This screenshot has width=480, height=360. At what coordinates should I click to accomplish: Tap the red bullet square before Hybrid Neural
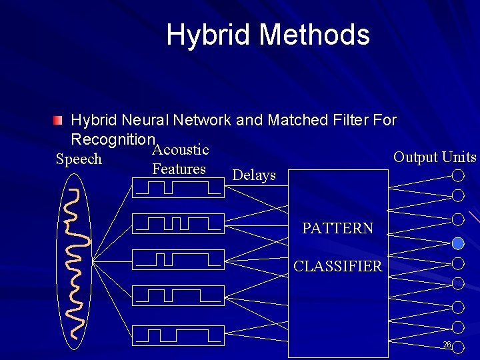click(x=59, y=121)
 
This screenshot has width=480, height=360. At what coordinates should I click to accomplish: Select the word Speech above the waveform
click(x=79, y=159)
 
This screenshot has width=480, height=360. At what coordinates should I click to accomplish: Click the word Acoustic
click(x=181, y=150)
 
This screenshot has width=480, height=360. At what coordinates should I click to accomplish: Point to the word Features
click(x=179, y=169)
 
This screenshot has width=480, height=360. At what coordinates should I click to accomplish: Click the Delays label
click(x=254, y=175)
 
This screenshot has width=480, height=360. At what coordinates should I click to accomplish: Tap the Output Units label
click(x=435, y=157)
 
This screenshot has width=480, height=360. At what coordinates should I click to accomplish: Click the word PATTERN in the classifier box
click(x=337, y=229)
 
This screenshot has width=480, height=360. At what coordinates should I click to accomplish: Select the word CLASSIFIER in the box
click(x=338, y=267)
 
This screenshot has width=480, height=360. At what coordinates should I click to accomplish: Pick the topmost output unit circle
click(x=458, y=176)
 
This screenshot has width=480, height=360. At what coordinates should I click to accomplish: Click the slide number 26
click(x=447, y=345)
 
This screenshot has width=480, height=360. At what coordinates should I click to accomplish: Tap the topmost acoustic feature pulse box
click(x=179, y=188)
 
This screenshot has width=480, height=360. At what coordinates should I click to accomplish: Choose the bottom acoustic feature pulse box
click(x=179, y=335)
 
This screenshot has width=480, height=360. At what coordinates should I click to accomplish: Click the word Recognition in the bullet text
click(x=112, y=139)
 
